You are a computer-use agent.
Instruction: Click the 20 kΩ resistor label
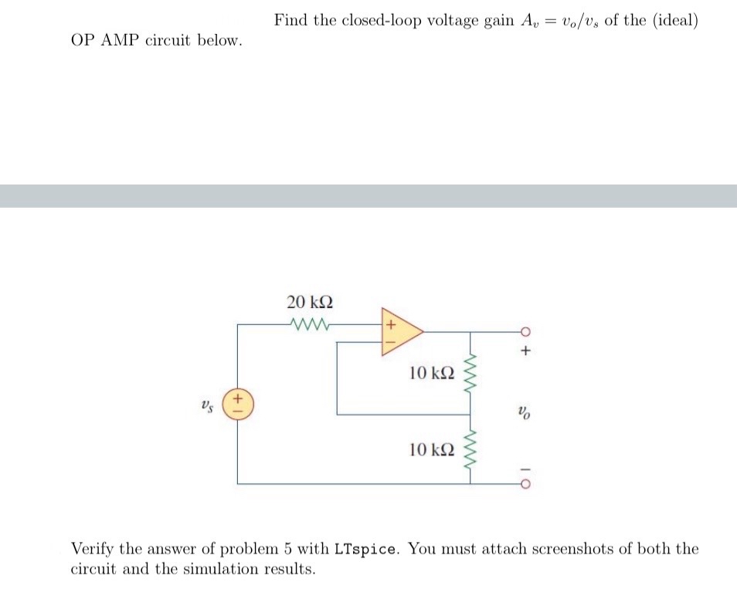click(x=304, y=301)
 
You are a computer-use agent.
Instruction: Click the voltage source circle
click(x=237, y=405)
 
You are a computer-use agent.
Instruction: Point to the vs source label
click(x=206, y=405)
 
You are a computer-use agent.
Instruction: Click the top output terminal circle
click(x=526, y=332)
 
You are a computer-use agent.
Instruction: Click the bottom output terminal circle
click(x=526, y=484)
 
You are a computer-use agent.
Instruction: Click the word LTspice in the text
click(x=367, y=550)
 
